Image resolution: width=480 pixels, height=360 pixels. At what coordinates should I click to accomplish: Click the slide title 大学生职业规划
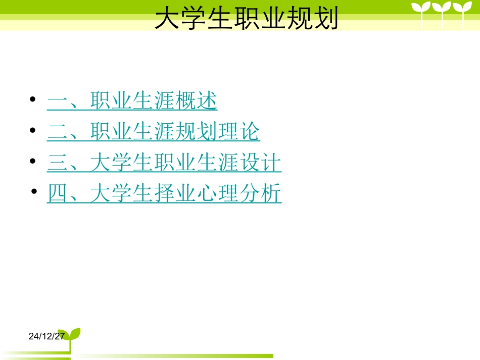(x=246, y=19)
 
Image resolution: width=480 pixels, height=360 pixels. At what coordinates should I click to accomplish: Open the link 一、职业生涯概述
(x=132, y=101)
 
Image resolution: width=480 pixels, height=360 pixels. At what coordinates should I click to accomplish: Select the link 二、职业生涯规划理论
(x=154, y=132)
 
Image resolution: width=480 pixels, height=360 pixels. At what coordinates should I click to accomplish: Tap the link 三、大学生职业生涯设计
(x=164, y=163)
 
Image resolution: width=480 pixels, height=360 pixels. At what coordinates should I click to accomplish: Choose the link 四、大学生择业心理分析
(x=164, y=194)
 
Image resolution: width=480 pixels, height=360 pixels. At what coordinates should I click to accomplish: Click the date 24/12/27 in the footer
(x=46, y=336)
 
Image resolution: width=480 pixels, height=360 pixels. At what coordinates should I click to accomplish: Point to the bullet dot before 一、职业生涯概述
(x=33, y=100)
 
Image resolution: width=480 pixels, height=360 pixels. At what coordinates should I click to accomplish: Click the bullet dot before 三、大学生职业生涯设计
(x=33, y=162)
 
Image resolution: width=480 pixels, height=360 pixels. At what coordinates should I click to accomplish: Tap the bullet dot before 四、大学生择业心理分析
(x=34, y=192)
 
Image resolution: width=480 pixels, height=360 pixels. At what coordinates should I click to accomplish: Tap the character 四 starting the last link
(x=57, y=194)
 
